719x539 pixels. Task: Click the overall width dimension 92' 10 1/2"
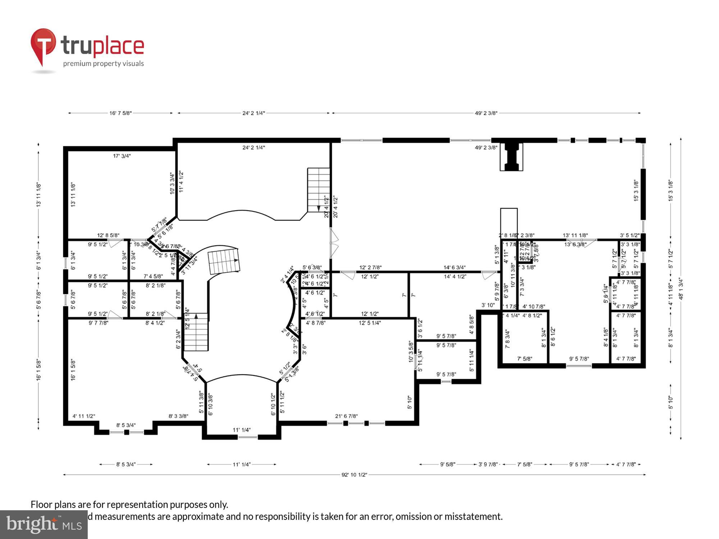[x=354, y=475]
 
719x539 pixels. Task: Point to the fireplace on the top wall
[x=511, y=156]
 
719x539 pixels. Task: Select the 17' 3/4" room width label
[x=122, y=156]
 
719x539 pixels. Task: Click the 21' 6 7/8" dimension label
[x=346, y=416]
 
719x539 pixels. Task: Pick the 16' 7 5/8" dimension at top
[x=120, y=113]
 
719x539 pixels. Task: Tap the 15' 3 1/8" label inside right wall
[x=636, y=190]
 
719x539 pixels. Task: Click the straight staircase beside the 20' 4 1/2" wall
[x=319, y=189]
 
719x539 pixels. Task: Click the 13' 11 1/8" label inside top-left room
[x=73, y=194]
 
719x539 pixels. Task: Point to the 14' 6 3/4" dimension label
[x=454, y=267]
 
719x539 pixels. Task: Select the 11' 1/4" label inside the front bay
[x=242, y=430]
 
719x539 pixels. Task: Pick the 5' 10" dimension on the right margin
[x=670, y=402]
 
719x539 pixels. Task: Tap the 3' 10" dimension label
[x=488, y=305]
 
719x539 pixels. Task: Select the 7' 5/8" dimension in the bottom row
[x=525, y=464]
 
